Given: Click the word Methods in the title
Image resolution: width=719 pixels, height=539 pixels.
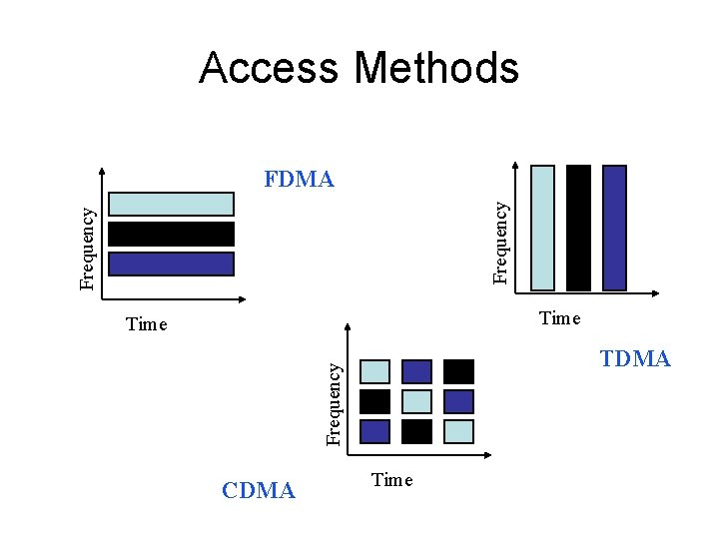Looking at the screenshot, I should tap(435, 68).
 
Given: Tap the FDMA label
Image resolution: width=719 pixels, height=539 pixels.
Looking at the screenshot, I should tap(299, 180).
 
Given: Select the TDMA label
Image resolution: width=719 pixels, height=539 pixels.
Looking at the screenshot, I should tap(635, 359).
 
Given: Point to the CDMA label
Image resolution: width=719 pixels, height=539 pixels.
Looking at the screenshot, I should tap(259, 490).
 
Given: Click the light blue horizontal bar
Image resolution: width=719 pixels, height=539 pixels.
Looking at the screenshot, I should tap(171, 205).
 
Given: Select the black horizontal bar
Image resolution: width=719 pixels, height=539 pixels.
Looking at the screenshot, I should tap(171, 235).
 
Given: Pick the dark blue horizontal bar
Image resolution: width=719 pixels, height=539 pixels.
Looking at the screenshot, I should tap(171, 264).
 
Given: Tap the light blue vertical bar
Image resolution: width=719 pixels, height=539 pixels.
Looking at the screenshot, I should tap(542, 228).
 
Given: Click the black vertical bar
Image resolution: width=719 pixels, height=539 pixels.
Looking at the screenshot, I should tap(578, 228).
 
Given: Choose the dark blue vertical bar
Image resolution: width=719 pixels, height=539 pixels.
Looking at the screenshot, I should tap(614, 228).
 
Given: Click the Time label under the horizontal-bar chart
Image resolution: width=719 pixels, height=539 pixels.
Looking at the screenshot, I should tap(147, 324).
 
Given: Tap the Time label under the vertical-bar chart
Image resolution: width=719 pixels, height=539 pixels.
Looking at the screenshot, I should tap(559, 318).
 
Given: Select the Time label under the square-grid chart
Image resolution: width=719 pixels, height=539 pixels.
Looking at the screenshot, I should tap(391, 480).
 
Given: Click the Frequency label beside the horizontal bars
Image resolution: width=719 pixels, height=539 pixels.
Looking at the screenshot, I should tap(88, 248).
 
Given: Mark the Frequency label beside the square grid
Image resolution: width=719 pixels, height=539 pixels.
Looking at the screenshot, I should tap(337, 403).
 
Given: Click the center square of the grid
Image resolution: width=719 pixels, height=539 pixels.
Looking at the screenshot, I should tap(416, 401).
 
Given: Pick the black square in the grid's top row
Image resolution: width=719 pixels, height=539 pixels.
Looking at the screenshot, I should tap(458, 371).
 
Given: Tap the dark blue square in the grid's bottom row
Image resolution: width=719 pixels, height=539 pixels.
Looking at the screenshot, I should tap(374, 431).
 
